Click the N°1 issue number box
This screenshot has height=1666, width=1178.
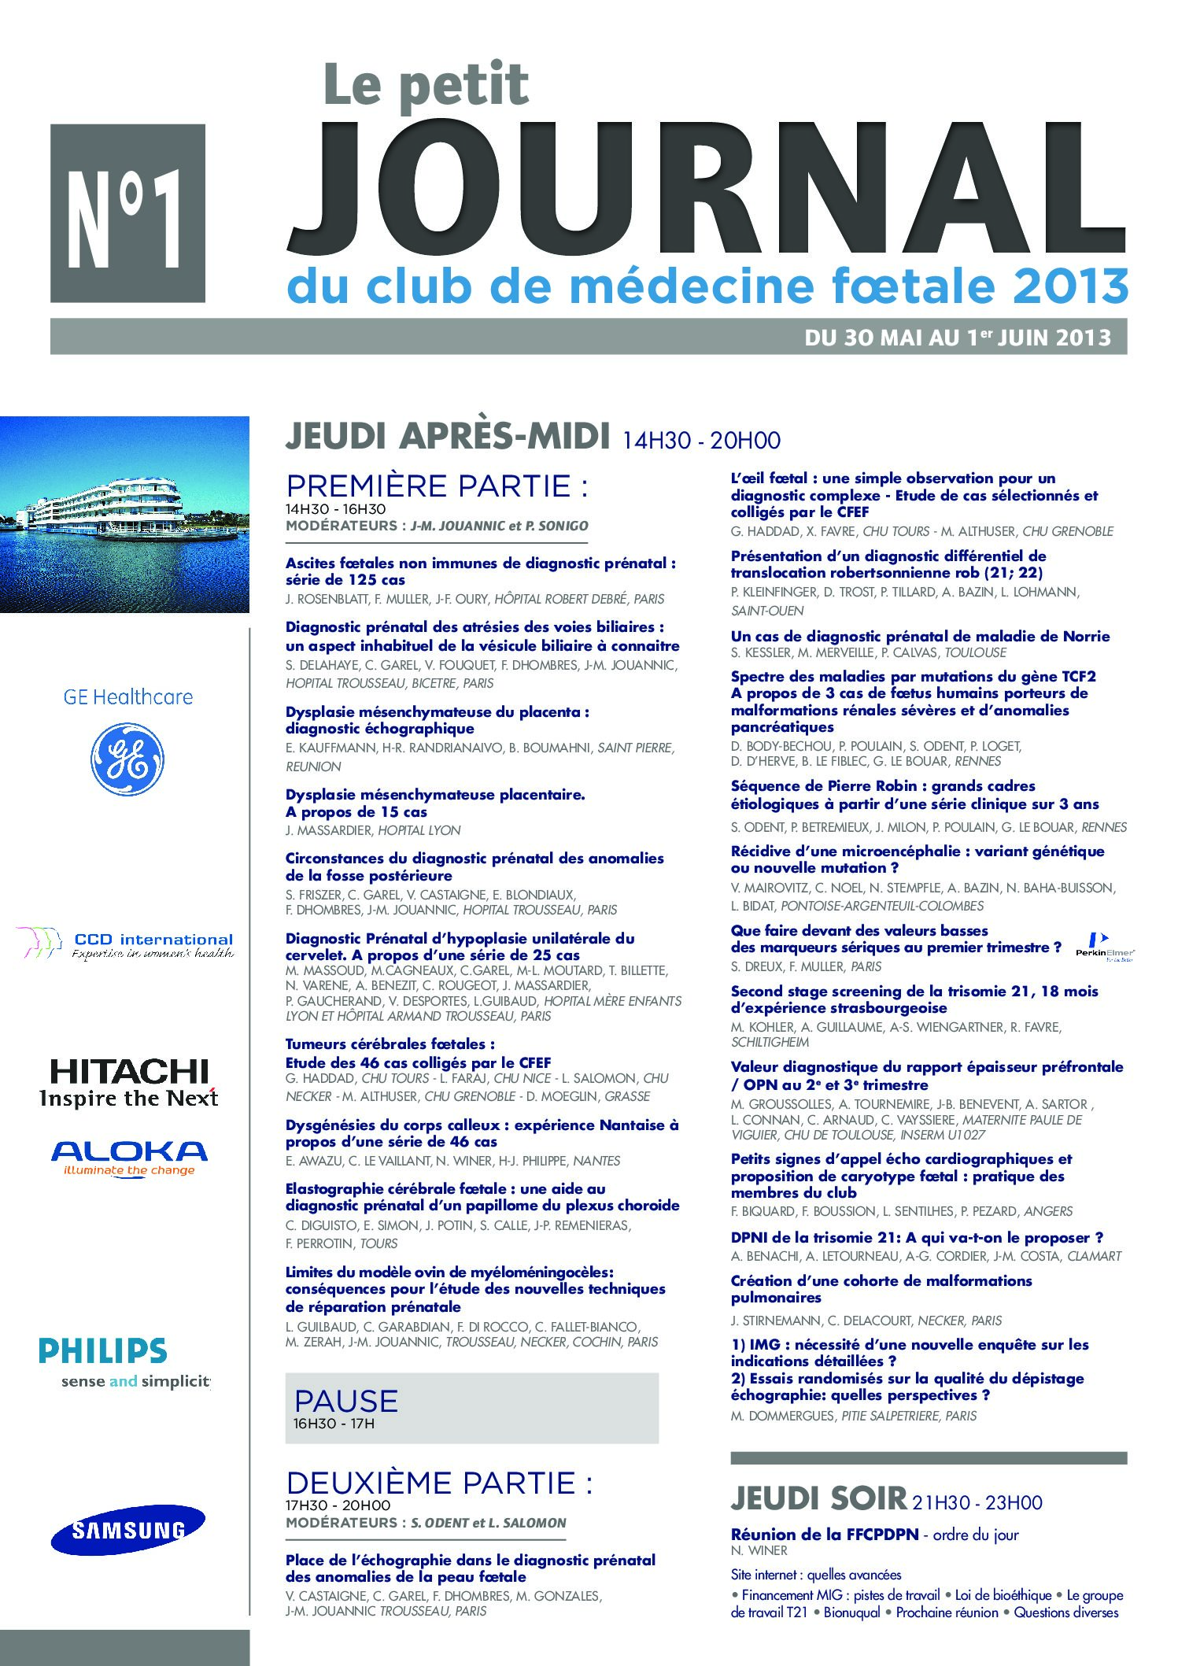pyautogui.click(x=127, y=213)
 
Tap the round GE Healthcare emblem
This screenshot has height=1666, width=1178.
pyautogui.click(x=127, y=759)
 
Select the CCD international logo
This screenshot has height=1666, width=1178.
pyautogui.click(x=126, y=944)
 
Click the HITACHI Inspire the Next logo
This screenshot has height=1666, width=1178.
pyautogui.click(x=129, y=1083)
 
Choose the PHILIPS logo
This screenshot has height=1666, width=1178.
pyautogui.click(x=104, y=1351)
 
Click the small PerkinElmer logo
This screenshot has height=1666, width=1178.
pyautogui.click(x=1105, y=946)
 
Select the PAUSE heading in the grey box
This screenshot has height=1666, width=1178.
pyautogui.click(x=346, y=1402)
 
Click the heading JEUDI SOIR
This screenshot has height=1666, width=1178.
pyautogui.click(x=818, y=1499)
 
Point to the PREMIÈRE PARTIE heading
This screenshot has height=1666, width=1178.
pyautogui.click(x=437, y=486)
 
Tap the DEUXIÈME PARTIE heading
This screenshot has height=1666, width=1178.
pyautogui.click(x=439, y=1483)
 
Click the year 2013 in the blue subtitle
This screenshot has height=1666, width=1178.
pyautogui.click(x=1071, y=286)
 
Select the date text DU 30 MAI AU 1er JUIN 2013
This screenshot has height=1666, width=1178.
pyautogui.click(x=957, y=338)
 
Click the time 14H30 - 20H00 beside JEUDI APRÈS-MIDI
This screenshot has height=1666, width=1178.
pyautogui.click(x=701, y=441)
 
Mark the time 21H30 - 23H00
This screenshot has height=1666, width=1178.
pyautogui.click(x=977, y=1503)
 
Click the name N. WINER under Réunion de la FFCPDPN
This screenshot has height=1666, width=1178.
pyautogui.click(x=759, y=1550)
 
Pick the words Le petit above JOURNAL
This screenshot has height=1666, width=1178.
pyautogui.click(x=427, y=85)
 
